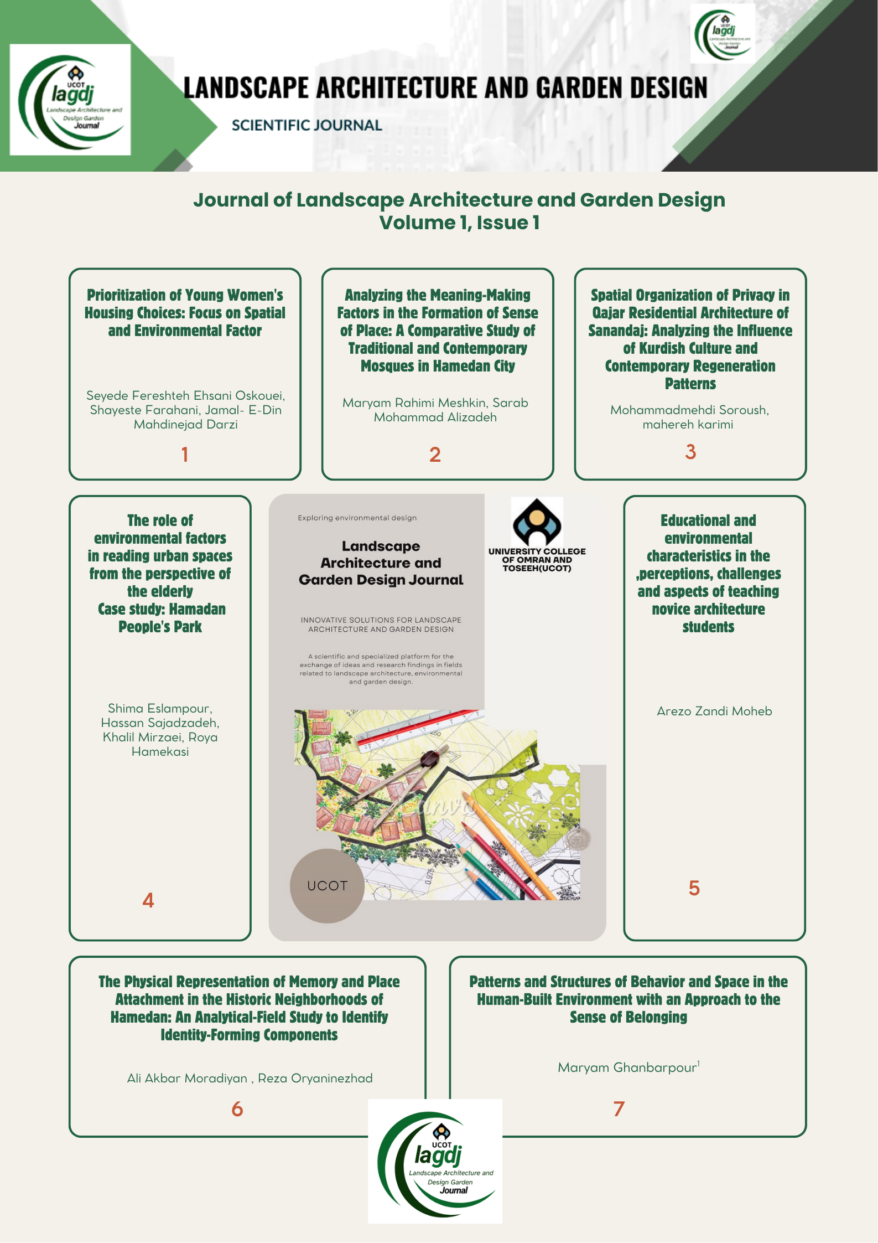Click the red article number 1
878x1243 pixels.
185,455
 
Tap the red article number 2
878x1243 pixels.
435,455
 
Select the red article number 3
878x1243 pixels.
690,452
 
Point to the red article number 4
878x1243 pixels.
148,900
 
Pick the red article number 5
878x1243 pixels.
694,888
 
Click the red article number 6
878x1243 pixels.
237,1109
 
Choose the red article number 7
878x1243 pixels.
619,1108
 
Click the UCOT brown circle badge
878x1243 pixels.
327,886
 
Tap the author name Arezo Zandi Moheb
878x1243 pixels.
714,711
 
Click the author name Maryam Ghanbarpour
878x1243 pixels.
627,1067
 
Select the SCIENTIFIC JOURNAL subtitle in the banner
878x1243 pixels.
307,126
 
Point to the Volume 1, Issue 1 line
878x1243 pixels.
459,223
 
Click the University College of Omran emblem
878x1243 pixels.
537,523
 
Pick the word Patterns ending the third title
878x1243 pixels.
690,384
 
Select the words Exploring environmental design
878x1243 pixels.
357,518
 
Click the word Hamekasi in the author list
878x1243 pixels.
160,751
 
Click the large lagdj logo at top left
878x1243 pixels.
70,100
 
